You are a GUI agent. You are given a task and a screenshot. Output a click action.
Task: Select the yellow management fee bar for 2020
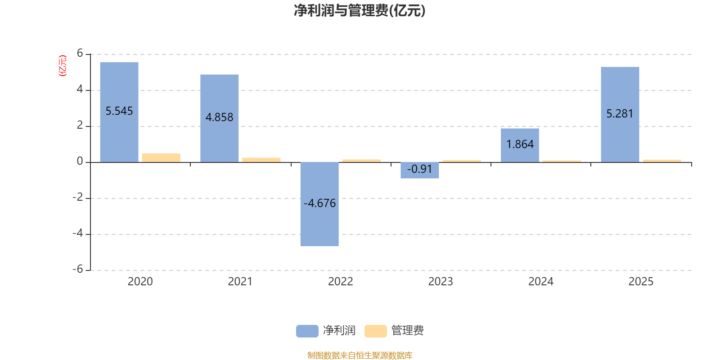[161, 157]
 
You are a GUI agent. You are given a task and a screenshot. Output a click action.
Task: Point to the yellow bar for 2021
[261, 160]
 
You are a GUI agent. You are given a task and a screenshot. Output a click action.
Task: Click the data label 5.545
[119, 111]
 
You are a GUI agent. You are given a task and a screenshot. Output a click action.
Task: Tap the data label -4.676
[319, 203]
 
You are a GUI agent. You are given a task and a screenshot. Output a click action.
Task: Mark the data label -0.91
[419, 169]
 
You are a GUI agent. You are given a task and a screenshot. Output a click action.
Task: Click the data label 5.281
[620, 114]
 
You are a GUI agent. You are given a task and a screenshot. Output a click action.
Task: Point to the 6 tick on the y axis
[80, 54]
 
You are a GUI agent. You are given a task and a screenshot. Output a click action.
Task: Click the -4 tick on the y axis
[78, 234]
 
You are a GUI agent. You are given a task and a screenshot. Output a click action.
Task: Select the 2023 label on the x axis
[441, 282]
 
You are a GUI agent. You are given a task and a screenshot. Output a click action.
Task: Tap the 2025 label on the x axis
[641, 282]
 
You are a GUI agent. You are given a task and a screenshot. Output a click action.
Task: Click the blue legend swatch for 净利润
[307, 331]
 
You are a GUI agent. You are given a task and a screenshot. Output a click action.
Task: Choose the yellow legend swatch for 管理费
[375, 331]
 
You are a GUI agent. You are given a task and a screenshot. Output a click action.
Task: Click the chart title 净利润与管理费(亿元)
[360, 11]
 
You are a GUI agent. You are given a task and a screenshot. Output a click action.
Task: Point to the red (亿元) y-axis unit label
[63, 66]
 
